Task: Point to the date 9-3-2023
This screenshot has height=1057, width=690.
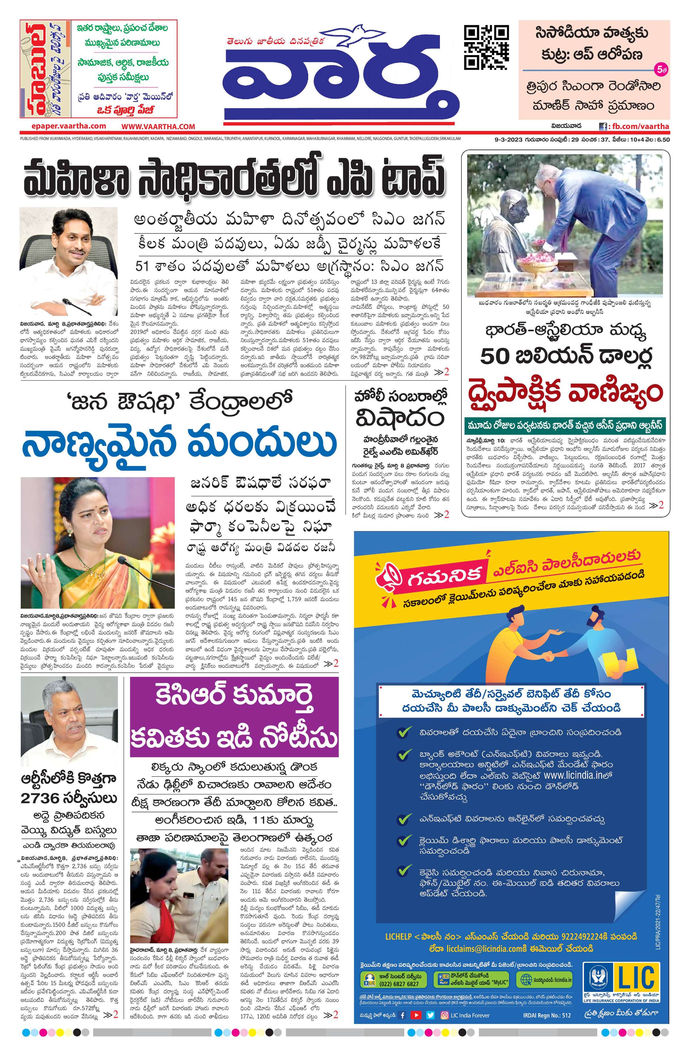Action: (508, 139)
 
